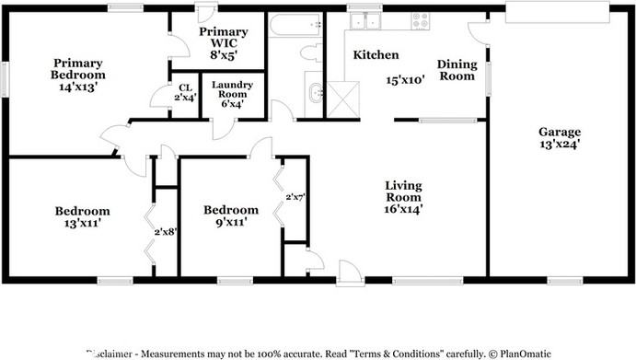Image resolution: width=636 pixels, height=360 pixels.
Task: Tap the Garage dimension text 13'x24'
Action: (559, 144)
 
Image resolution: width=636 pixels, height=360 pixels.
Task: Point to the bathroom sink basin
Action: (315, 92)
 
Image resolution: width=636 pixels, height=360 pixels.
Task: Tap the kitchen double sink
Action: (373, 21)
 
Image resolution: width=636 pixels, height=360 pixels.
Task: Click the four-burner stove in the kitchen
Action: (421, 20)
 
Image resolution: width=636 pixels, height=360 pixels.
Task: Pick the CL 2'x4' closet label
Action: (185, 93)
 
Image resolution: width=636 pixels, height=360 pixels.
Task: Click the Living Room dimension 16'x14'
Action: (403, 209)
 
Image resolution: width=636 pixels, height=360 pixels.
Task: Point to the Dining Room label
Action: (456, 70)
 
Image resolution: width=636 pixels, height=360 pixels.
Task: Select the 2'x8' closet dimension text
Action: (165, 232)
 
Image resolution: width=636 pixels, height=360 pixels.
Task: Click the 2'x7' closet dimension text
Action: (295, 197)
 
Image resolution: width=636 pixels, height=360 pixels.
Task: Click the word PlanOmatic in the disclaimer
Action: (521, 353)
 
